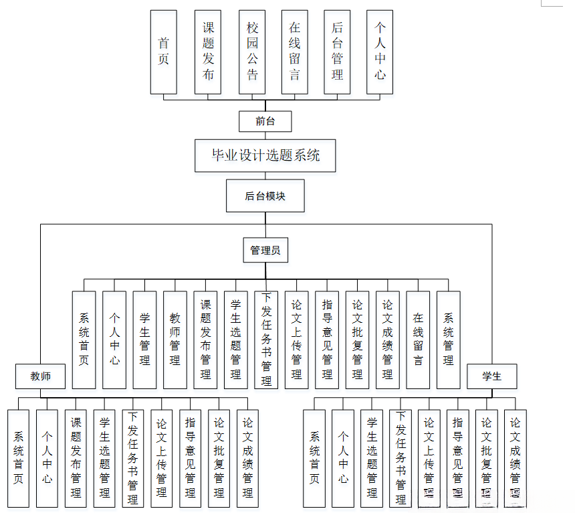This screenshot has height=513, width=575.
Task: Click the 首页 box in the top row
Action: [163, 52]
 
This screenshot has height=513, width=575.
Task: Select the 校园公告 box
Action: [251, 52]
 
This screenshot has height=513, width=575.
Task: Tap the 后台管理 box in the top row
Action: [337, 52]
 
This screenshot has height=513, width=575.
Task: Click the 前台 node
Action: [265, 121]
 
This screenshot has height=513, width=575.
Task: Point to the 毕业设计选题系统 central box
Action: [265, 155]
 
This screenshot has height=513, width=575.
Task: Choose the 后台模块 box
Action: [265, 196]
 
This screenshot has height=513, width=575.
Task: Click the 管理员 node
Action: [265, 250]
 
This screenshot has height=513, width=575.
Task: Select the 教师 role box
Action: [41, 376]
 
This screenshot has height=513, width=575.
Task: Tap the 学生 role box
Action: [492, 376]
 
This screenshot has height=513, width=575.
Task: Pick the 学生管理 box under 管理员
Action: [144, 340]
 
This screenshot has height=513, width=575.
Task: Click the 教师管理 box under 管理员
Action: [175, 340]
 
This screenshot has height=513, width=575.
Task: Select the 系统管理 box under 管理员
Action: [448, 340]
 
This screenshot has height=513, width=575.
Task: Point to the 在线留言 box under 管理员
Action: [418, 340]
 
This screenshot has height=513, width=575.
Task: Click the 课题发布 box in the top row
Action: [208, 52]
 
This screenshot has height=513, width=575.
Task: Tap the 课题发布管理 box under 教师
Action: [76, 458]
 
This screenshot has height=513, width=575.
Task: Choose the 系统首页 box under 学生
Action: [314, 458]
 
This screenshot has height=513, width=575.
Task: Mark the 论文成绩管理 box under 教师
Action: [248, 458]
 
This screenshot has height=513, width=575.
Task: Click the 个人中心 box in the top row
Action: [380, 52]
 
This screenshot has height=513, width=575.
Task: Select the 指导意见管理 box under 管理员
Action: [327, 340]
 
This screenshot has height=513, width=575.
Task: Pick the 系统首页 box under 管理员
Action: [84, 340]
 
